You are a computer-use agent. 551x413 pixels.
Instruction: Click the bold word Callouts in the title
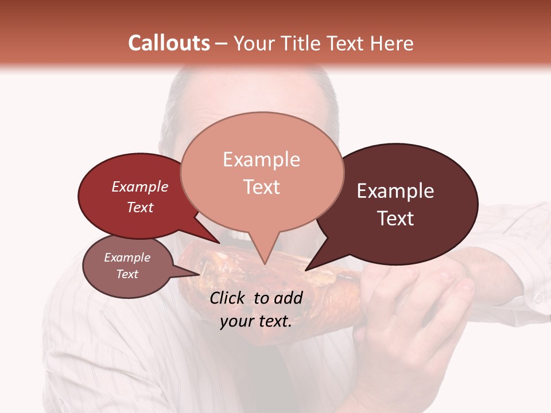(169, 44)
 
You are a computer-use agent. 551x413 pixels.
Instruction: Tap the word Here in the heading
(393, 44)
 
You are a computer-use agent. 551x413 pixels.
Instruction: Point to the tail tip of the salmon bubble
(265, 263)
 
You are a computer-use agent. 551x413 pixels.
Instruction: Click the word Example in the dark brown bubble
(395, 191)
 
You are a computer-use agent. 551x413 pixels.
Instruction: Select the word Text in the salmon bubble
(262, 187)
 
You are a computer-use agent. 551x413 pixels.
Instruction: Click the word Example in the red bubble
(139, 187)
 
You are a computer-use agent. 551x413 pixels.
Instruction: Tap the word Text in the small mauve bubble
(127, 274)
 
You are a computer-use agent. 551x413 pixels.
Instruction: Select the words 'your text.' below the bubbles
(256, 322)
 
